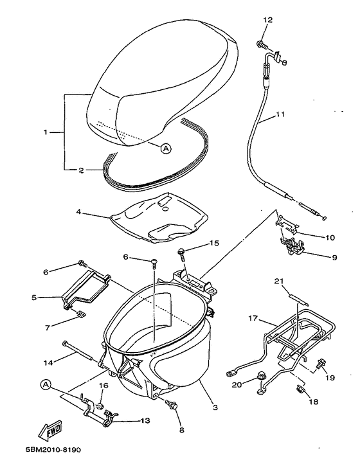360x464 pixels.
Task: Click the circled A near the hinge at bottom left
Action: click(x=46, y=385)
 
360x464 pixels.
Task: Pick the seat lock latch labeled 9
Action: click(x=293, y=245)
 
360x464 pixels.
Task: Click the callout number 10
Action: click(x=329, y=237)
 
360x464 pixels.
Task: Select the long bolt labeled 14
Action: click(x=80, y=350)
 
